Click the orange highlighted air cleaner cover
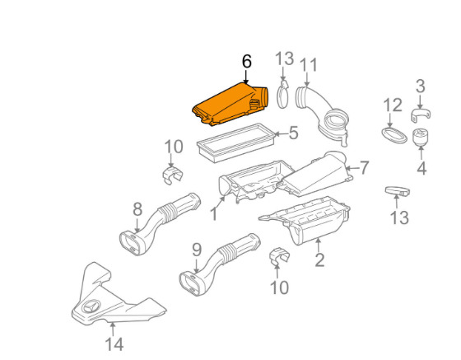click(x=230, y=105)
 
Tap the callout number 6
click(x=247, y=62)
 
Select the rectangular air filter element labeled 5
click(x=235, y=143)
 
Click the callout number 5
click(x=293, y=133)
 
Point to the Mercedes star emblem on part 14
click(x=91, y=307)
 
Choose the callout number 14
click(x=114, y=344)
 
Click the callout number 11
click(x=309, y=65)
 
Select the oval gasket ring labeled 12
click(x=394, y=135)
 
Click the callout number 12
click(x=393, y=105)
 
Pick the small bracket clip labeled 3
click(x=420, y=115)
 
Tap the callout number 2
click(x=319, y=259)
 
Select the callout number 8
click(x=137, y=210)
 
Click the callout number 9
click(x=197, y=250)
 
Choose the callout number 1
click(x=214, y=213)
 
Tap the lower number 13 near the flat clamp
click(x=399, y=217)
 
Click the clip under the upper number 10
click(x=172, y=175)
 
